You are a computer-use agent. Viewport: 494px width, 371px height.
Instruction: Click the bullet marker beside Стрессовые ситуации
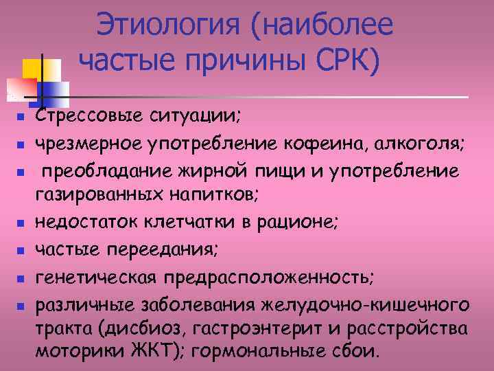tap(21, 119)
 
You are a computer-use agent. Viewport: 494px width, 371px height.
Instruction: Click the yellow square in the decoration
tap(34, 69)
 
